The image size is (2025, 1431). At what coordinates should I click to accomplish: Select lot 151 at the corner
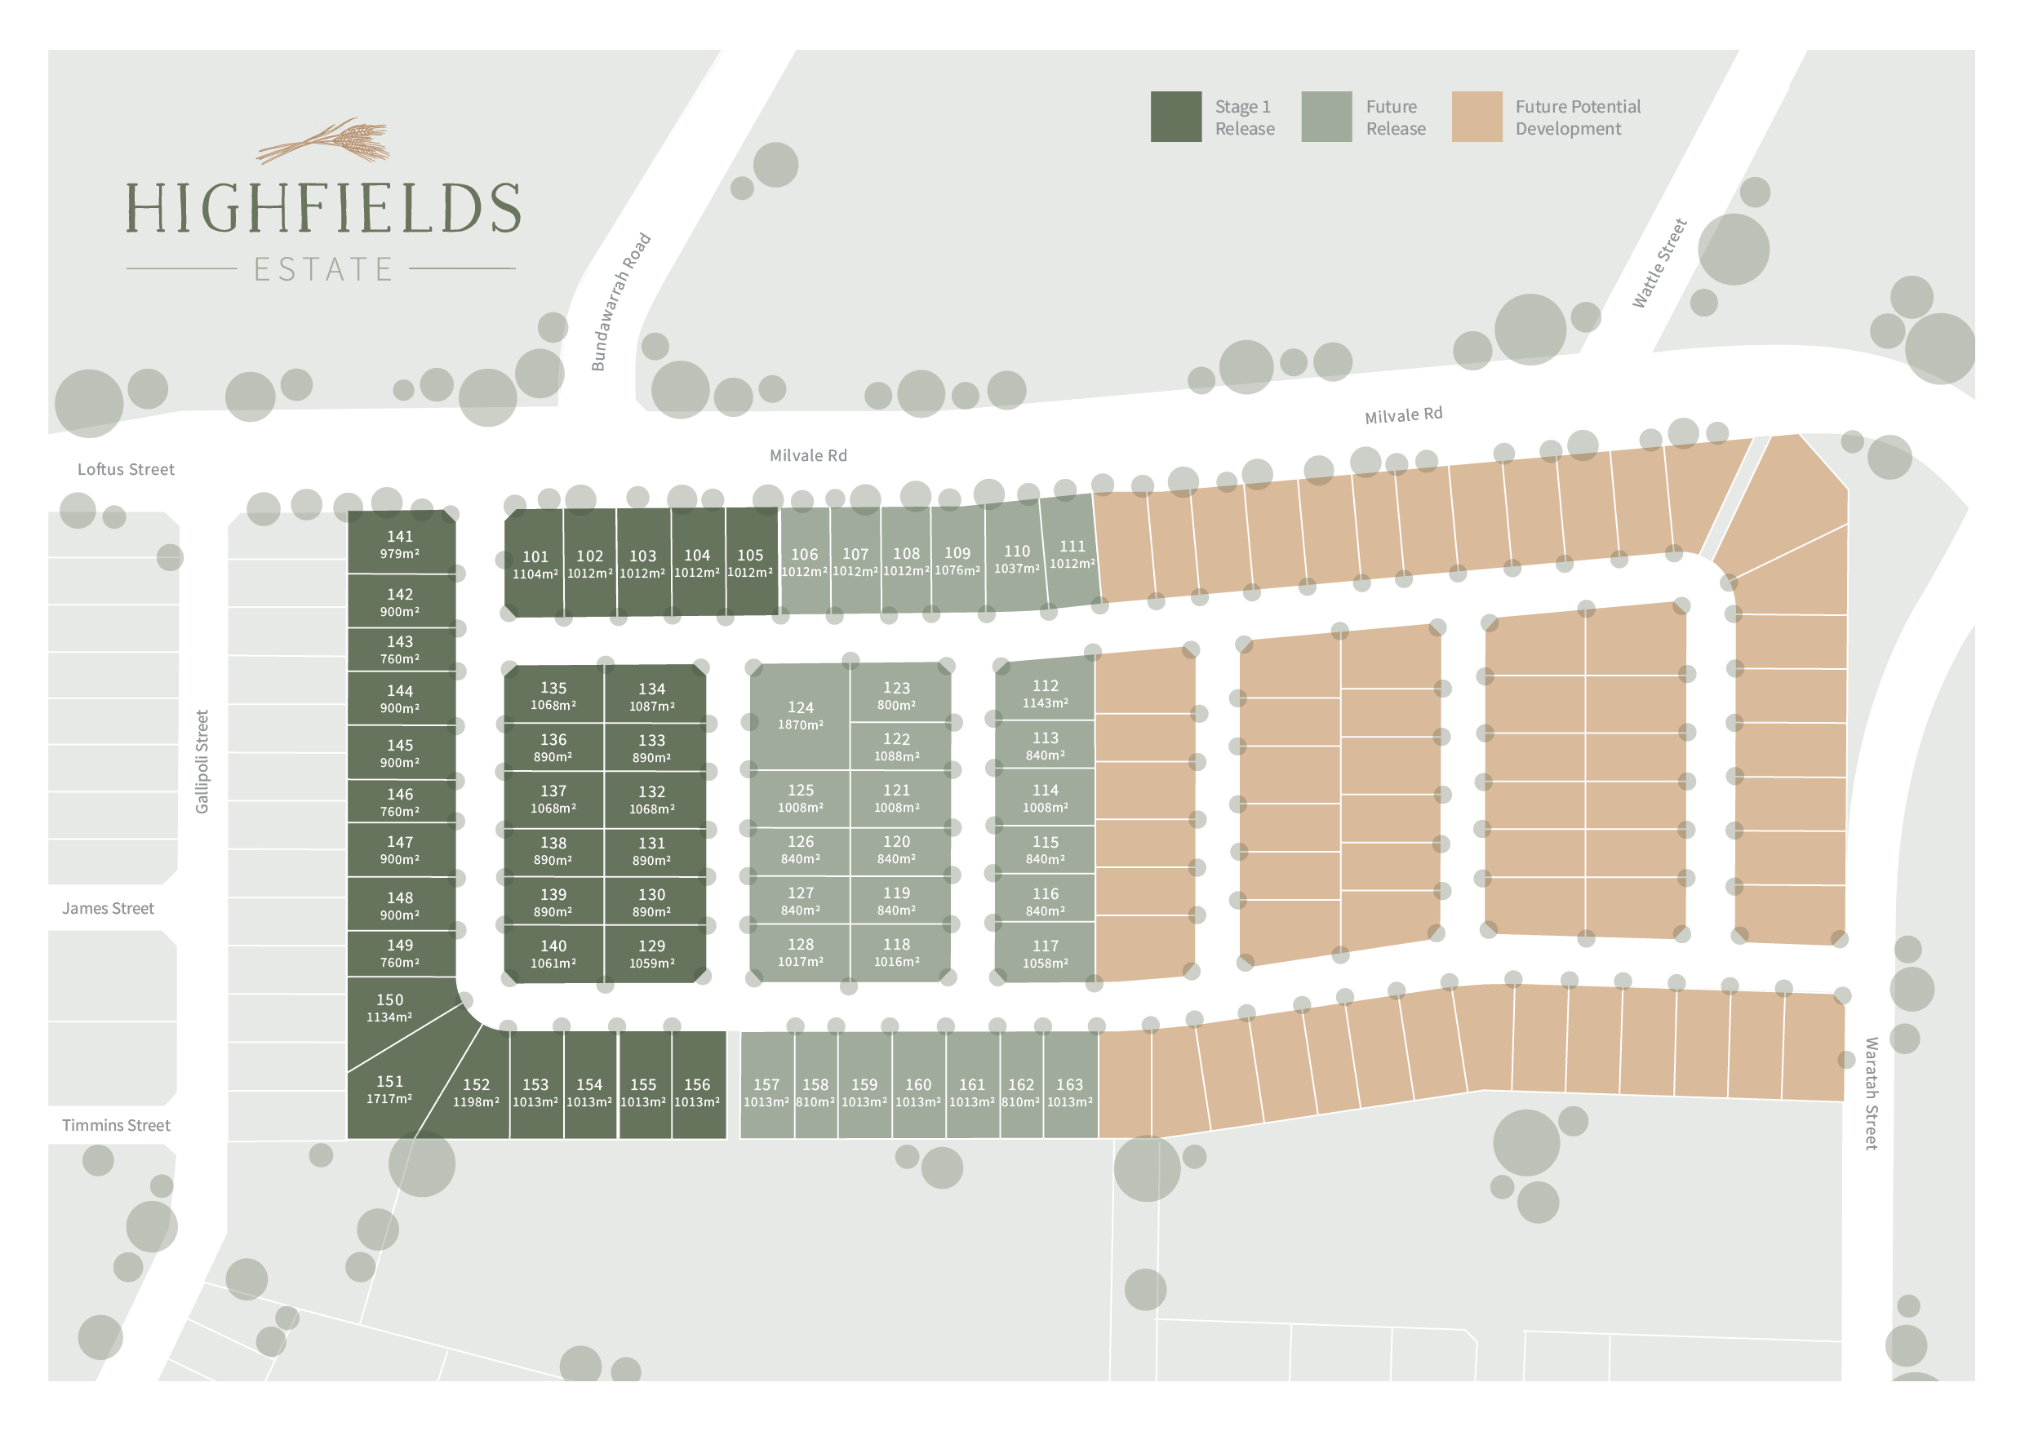[x=389, y=1090]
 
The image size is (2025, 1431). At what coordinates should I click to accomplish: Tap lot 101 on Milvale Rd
[x=535, y=565]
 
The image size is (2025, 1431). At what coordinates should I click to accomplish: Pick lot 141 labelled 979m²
[x=400, y=544]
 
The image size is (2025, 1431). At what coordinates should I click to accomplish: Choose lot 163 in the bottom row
[x=1069, y=1092]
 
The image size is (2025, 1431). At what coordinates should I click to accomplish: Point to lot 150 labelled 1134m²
[x=389, y=1008]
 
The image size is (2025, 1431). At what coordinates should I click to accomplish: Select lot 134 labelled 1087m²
[x=652, y=697]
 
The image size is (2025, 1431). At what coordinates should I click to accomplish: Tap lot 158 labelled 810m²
[x=815, y=1092]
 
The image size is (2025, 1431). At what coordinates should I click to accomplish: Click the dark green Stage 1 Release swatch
[x=1175, y=117]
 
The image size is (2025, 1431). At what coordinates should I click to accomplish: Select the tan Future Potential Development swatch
[x=1477, y=117]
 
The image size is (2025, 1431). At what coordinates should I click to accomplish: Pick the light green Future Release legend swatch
[x=1326, y=117]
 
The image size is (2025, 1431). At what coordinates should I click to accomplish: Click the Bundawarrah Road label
[x=620, y=302]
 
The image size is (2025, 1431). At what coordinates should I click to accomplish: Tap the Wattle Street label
[x=1659, y=263]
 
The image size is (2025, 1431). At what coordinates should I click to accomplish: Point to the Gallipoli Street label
[x=202, y=762]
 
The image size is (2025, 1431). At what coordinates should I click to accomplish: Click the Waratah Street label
[x=1871, y=1093]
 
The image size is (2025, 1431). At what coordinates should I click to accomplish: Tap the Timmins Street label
[x=116, y=1125]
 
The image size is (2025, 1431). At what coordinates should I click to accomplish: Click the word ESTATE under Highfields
[x=322, y=269]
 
